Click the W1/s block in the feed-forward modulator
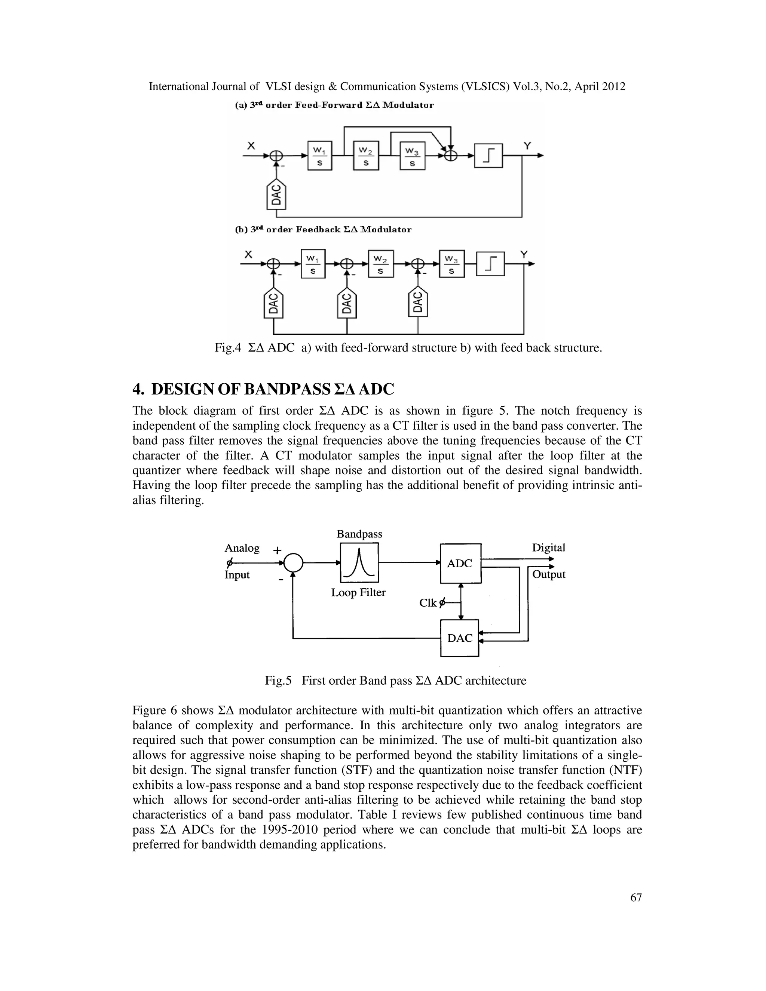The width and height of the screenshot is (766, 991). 319,156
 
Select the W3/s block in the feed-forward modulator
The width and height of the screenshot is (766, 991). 412,156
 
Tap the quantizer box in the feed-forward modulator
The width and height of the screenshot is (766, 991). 488,156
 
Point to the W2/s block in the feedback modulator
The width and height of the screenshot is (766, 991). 380,264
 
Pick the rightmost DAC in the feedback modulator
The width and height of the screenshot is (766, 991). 418,302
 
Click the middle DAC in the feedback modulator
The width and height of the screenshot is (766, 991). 347,303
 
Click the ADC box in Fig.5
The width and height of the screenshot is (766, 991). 460,563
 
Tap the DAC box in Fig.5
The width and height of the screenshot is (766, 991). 460,638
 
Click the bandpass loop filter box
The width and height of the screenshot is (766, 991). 359,563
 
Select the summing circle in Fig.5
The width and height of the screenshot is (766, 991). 293,563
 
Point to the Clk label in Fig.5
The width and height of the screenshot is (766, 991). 428,603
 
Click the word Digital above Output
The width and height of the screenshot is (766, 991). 549,548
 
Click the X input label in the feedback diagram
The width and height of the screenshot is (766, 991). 248,255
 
